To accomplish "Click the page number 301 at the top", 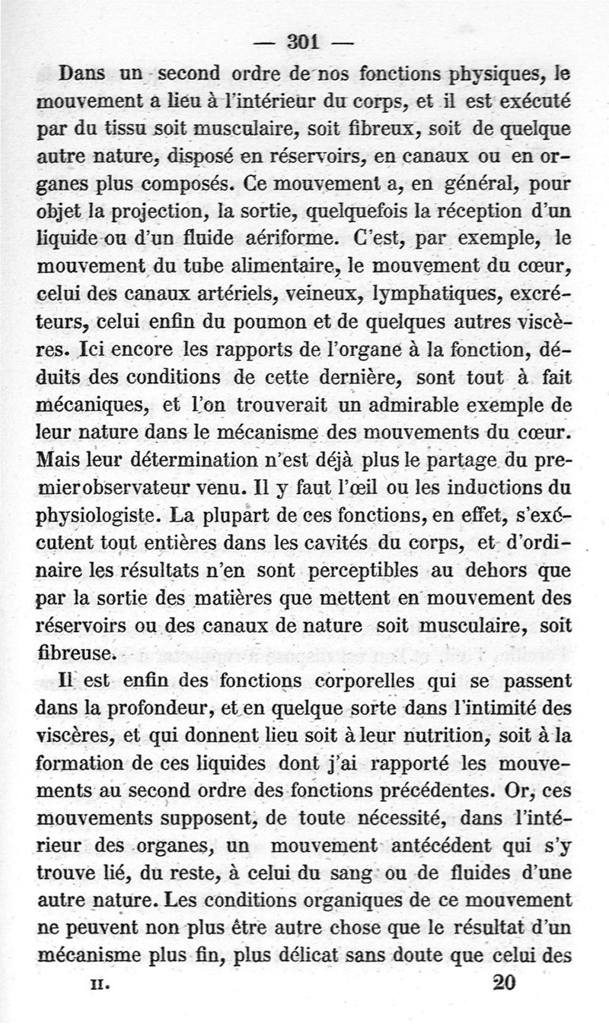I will coord(304,42).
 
